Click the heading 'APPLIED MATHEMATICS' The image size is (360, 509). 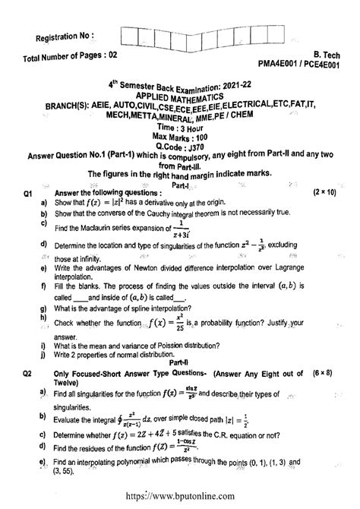[179, 98]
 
